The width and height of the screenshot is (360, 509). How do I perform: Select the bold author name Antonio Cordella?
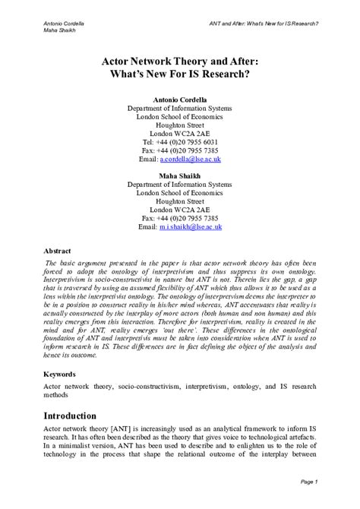point(180,99)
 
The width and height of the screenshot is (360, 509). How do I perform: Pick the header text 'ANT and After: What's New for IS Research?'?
point(264,23)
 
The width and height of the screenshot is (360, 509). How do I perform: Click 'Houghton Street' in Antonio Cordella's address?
point(180,125)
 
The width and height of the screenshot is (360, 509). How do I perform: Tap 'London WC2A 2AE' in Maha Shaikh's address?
point(180,209)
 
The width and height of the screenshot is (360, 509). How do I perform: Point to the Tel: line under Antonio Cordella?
point(180,141)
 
